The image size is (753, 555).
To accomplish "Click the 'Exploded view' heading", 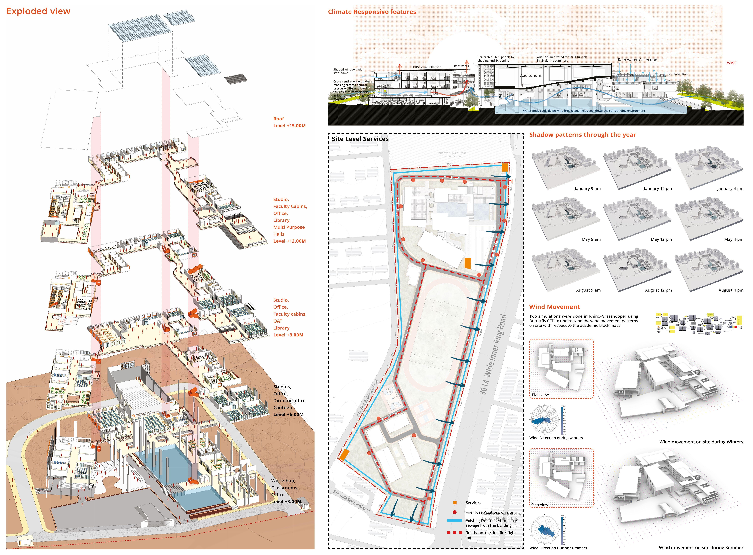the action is (38, 11).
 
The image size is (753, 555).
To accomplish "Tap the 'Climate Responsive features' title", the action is (372, 12).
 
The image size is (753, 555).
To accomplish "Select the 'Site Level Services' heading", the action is (360, 139).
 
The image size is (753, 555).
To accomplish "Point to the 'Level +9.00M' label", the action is (288, 335).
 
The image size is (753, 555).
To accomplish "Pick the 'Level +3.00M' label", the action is (286, 502).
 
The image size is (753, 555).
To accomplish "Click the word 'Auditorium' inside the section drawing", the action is (530, 75).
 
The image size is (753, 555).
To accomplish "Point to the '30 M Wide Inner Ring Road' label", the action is (493, 354).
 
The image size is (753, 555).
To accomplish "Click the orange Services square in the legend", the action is (455, 503).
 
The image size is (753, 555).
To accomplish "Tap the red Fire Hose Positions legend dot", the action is (455, 512).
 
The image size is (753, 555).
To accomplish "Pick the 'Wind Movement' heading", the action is (554, 307).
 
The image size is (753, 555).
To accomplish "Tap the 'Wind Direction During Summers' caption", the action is (558, 548).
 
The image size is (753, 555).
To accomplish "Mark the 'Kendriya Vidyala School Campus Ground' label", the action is (452, 155).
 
